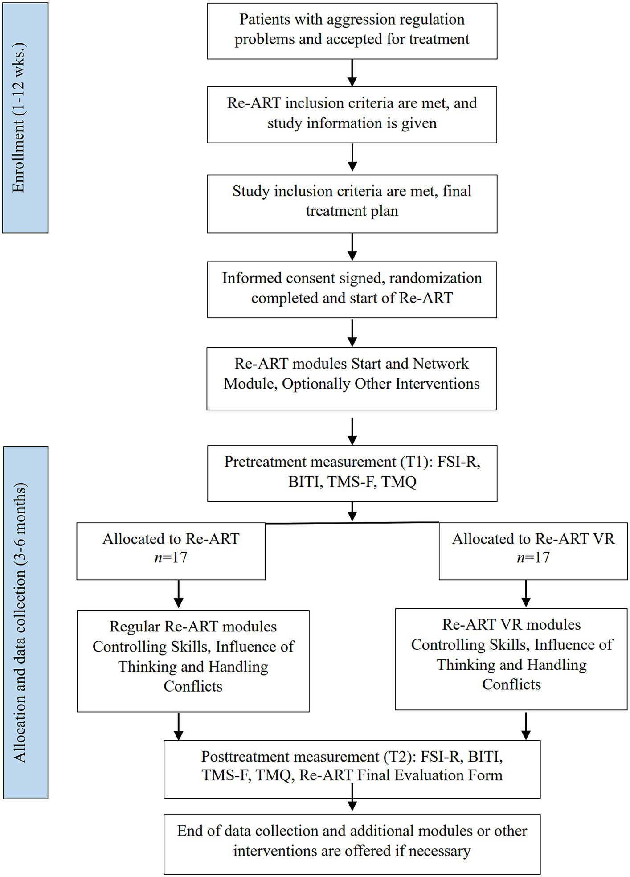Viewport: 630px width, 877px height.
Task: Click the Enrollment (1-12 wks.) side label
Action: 25,118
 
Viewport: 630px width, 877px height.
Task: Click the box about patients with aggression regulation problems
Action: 352,30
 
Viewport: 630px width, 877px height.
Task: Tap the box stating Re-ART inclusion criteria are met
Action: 352,114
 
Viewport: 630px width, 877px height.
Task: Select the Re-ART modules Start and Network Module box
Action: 352,378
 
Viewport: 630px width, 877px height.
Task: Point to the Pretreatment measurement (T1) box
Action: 352,472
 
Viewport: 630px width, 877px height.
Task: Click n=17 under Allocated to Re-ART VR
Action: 533,557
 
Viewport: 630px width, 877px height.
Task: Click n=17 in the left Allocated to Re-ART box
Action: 171,557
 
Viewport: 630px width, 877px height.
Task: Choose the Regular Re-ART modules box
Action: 193,660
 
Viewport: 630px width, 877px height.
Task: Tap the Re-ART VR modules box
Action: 511,659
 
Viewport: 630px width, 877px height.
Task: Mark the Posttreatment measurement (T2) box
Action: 352,769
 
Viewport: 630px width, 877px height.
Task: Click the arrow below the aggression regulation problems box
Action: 352,72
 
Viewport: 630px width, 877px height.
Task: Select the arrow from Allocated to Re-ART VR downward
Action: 526,593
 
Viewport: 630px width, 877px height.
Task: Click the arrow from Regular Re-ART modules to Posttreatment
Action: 178,726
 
